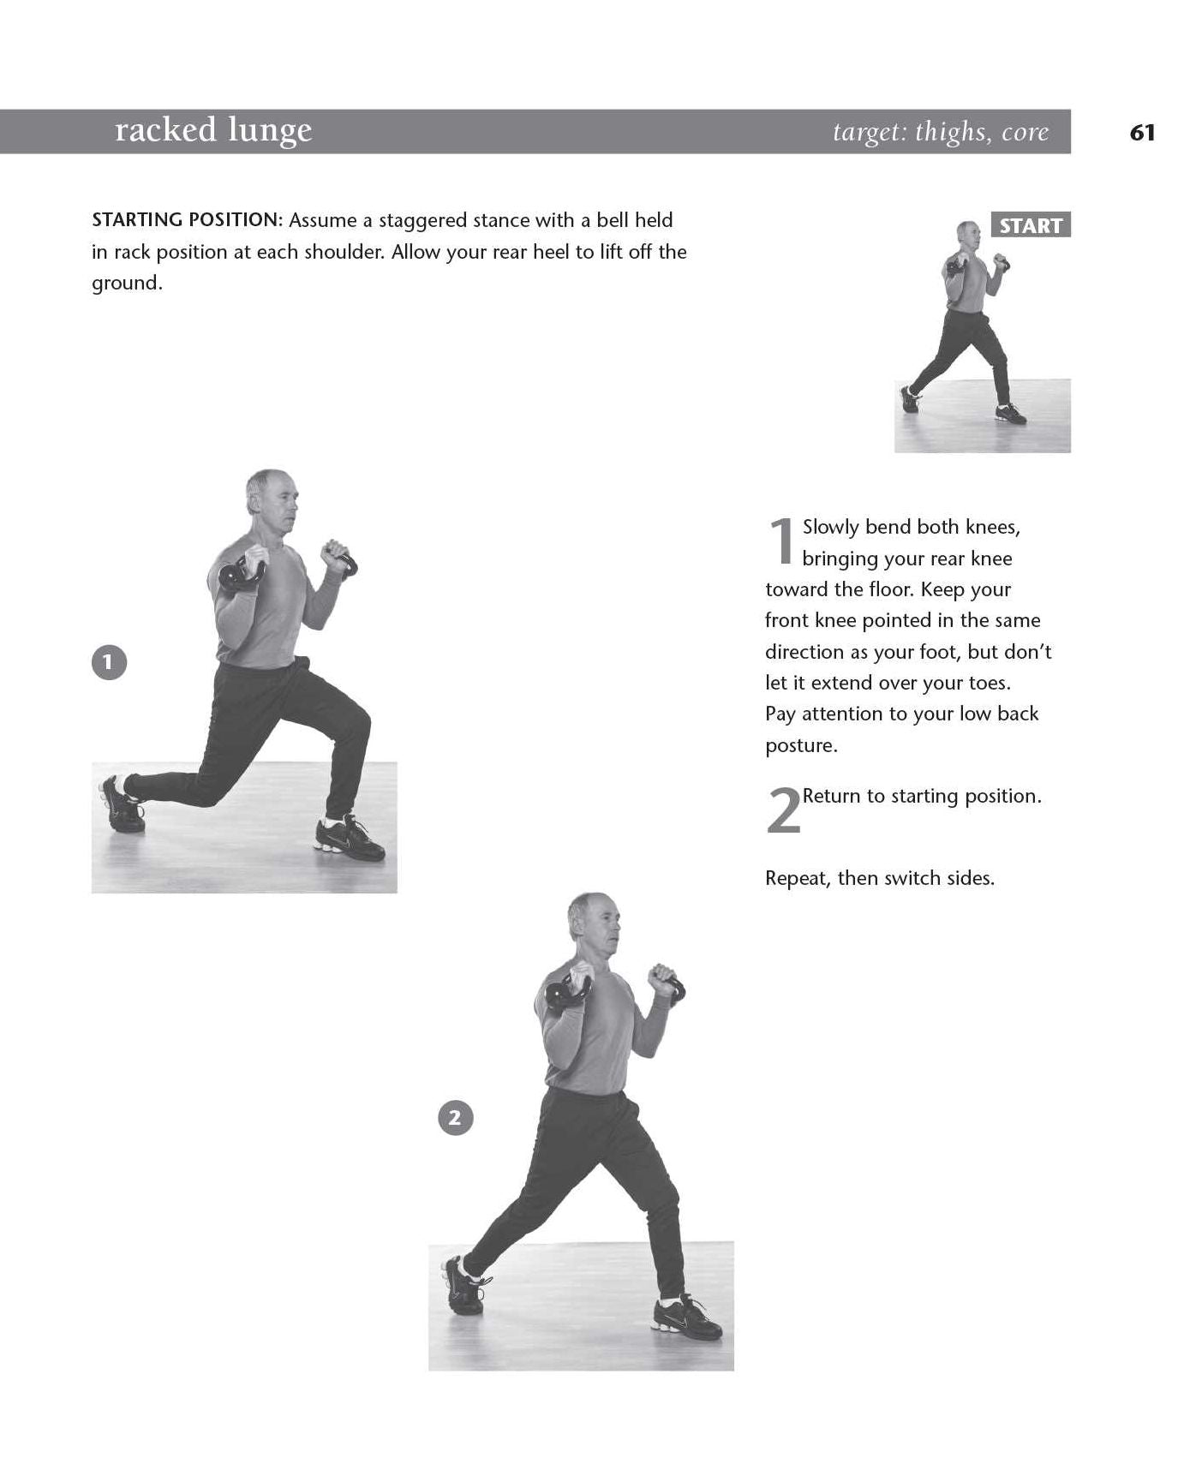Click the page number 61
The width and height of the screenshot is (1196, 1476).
point(1143,133)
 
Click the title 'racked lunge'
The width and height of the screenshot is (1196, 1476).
point(213,131)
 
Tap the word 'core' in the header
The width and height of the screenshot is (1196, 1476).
point(1025,133)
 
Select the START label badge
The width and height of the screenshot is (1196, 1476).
point(1031,225)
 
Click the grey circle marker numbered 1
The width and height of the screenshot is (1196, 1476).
point(109,662)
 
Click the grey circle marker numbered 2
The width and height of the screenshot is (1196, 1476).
point(455,1117)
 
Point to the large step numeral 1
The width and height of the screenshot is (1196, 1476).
point(781,541)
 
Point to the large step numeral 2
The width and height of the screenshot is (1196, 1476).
point(783,810)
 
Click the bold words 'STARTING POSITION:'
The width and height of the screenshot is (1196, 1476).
point(187,220)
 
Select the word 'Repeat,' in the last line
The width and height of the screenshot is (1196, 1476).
point(798,879)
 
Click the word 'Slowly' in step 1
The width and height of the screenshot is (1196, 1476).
point(831,528)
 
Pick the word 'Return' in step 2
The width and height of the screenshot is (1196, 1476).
point(832,797)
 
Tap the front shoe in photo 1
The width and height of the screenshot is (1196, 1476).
point(350,839)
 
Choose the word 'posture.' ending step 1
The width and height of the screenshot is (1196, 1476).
point(801,746)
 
